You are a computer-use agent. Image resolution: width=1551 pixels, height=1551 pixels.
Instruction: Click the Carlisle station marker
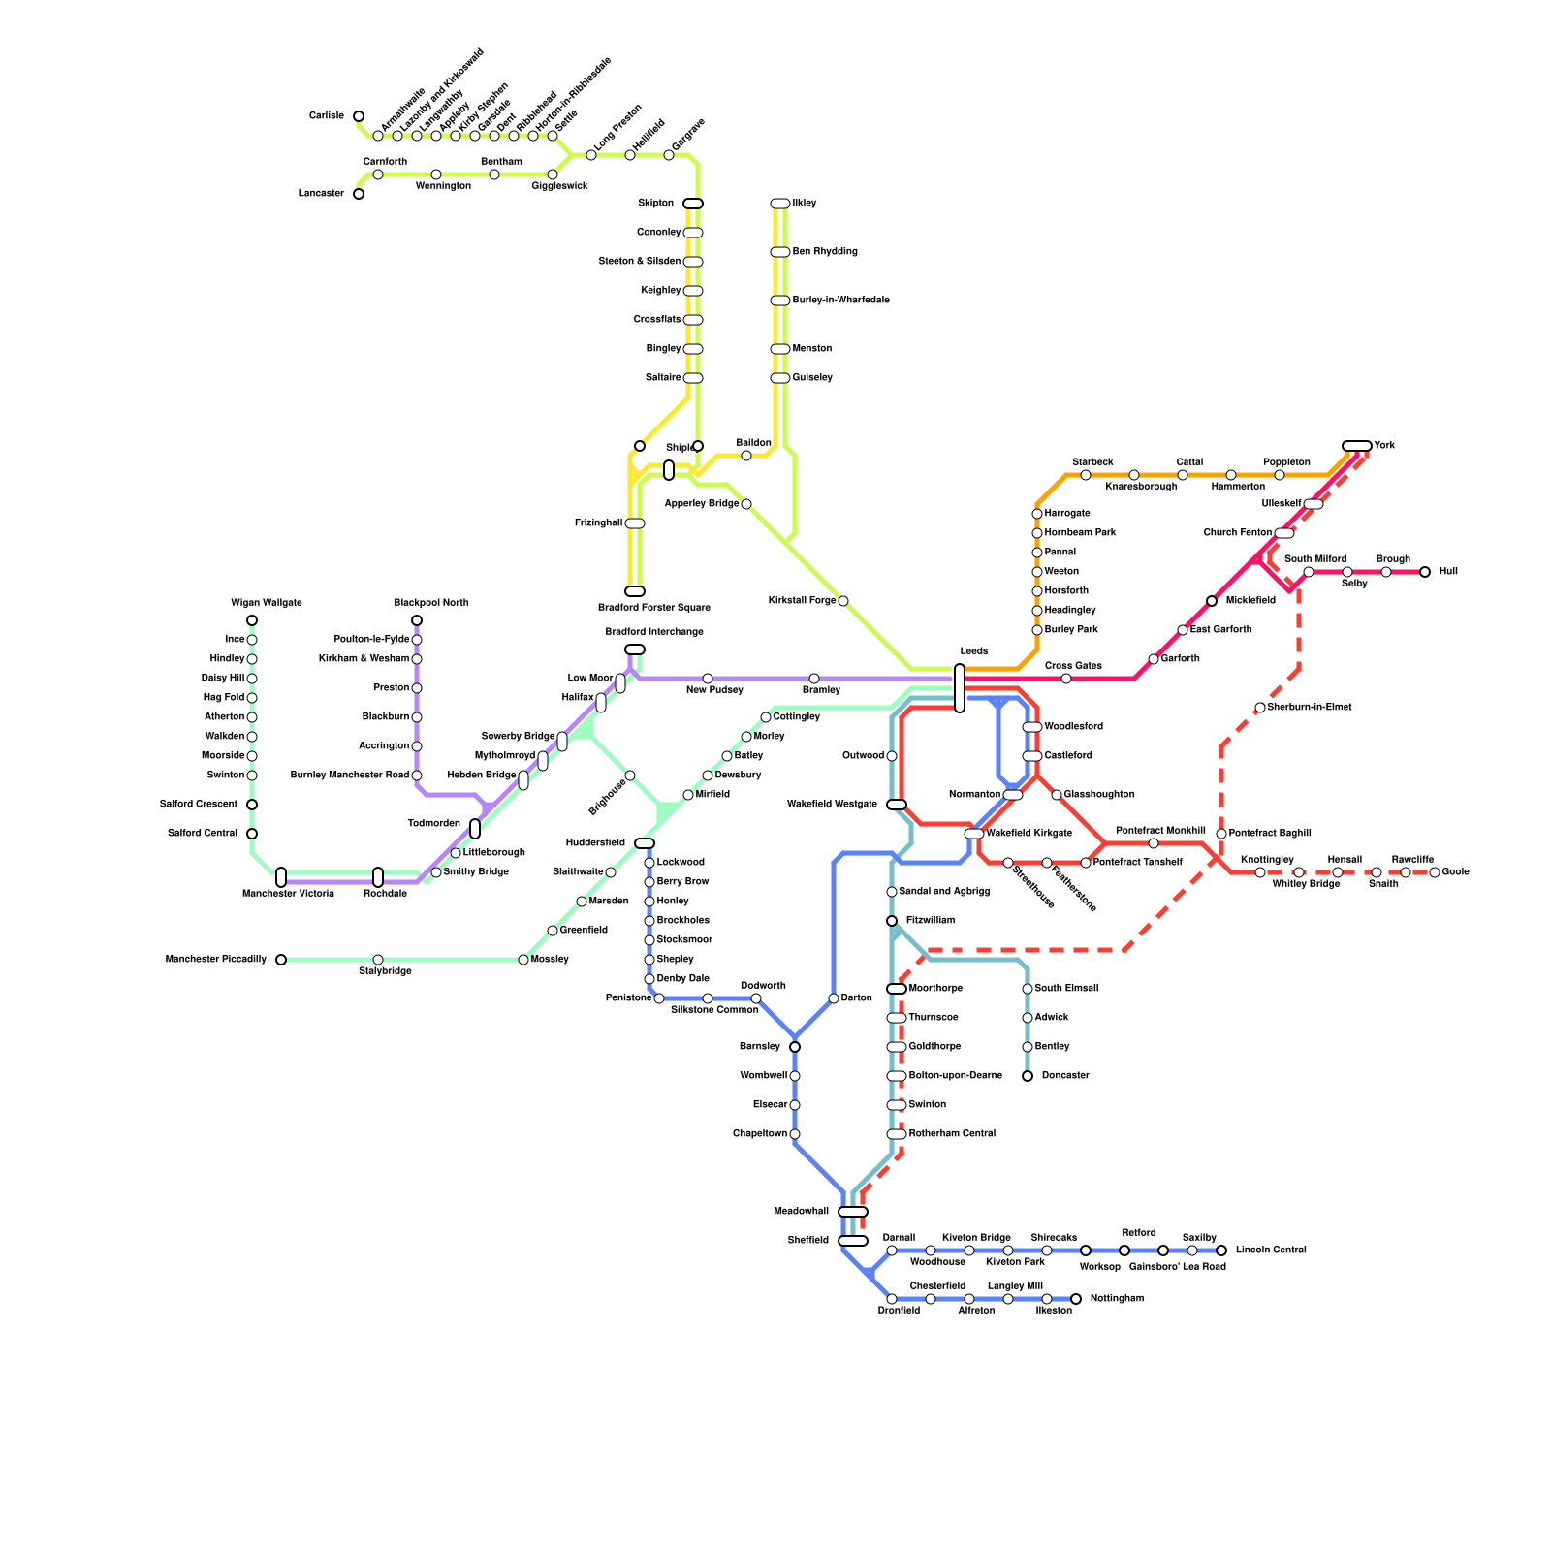pos(359,116)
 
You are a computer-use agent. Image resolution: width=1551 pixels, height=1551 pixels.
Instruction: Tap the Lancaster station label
pos(321,194)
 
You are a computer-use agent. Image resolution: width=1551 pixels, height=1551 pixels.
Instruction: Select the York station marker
pos(1357,446)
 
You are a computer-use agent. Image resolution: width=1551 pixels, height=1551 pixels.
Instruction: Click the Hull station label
pos(1448,572)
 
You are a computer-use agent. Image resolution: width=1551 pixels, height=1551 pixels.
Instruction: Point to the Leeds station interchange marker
pos(960,688)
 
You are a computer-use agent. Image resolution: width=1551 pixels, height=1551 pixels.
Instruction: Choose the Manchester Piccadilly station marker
pos(281,960)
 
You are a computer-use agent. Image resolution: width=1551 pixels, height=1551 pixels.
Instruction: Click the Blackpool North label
pos(431,603)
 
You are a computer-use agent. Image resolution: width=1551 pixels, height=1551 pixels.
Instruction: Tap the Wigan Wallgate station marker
pos(252,620)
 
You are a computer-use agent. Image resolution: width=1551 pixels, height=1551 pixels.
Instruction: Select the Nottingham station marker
pos(1076,1299)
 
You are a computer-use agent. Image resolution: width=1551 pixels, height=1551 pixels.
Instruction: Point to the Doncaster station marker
pos(1028,1076)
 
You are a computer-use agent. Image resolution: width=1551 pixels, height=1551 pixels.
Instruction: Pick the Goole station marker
pos(1435,872)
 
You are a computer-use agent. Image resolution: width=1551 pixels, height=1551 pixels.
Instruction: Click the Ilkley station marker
pos(780,204)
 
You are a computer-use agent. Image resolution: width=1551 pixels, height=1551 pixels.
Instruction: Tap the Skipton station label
pos(655,204)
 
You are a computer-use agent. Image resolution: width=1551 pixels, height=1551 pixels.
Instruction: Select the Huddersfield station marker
pos(645,843)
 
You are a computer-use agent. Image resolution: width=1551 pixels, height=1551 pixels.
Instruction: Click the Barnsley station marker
pos(795,1047)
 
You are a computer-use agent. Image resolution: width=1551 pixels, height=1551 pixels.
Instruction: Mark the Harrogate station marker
pos(1037,514)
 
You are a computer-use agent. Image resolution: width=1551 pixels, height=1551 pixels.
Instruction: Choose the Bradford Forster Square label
pos(654,608)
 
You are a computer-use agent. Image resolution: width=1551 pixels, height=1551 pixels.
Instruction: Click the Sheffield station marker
pos(853,1241)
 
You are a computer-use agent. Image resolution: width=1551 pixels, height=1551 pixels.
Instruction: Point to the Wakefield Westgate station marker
pos(897,805)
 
